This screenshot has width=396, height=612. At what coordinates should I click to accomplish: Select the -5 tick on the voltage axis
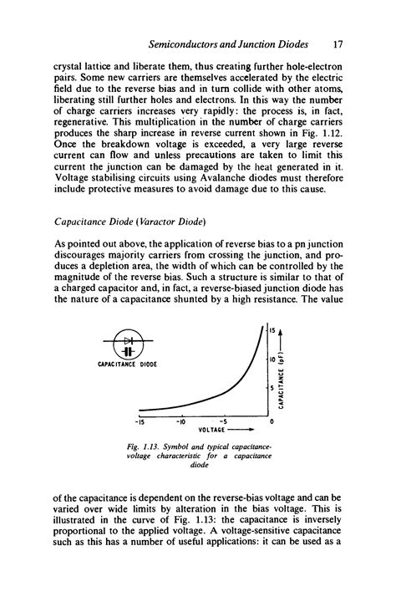click(x=222, y=423)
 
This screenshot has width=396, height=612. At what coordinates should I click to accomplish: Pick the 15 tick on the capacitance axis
click(x=272, y=329)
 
